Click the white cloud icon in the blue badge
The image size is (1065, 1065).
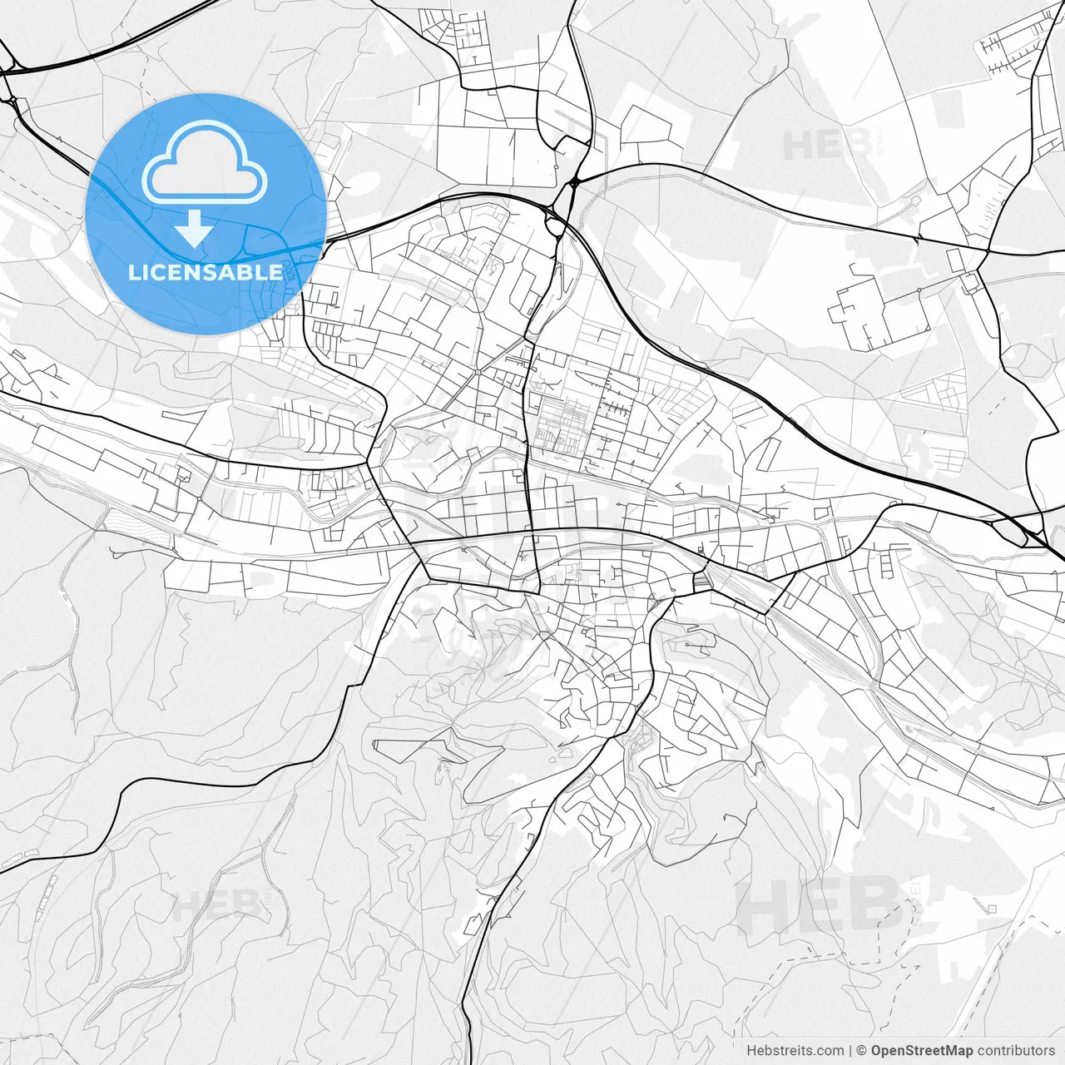[x=205, y=161]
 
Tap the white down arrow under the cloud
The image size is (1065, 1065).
[x=194, y=228]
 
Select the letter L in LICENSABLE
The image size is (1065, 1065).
[x=135, y=272]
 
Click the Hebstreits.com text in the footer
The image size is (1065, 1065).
[x=795, y=1050]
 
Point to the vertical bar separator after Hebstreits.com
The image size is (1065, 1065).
[x=850, y=1050]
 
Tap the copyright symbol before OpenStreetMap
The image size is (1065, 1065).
[x=862, y=1050]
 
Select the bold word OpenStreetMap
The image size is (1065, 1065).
[x=921, y=1050]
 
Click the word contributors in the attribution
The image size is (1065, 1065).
[x=1016, y=1050]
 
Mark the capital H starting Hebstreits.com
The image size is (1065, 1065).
[x=751, y=1050]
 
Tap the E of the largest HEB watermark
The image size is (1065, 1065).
[x=820, y=908]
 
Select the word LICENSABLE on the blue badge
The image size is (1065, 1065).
[x=206, y=272]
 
